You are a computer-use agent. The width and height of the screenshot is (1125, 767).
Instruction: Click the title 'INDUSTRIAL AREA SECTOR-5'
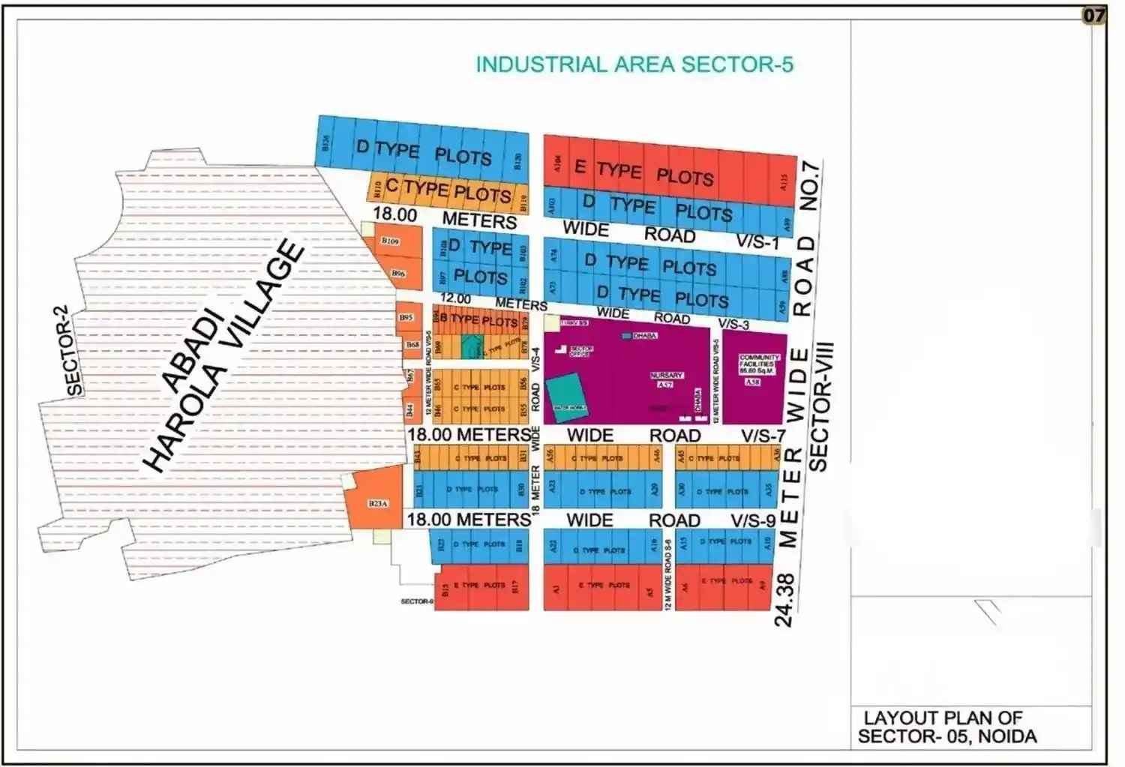[634, 64]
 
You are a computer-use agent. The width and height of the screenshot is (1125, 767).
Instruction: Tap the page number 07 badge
[1093, 15]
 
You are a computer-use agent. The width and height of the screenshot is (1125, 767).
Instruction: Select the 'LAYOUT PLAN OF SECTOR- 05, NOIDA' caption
[946, 727]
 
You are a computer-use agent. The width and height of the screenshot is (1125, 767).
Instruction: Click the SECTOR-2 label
[74, 350]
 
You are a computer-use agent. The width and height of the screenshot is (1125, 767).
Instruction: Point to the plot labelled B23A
[378, 503]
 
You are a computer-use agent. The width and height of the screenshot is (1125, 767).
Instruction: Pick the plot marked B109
[390, 241]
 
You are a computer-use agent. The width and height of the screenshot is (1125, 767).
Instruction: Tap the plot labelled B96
[398, 274]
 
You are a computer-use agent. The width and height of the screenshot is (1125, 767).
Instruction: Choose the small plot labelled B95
[406, 318]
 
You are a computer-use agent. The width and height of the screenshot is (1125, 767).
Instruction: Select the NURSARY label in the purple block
[666, 375]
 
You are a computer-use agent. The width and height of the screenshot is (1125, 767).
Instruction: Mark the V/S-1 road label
[757, 241]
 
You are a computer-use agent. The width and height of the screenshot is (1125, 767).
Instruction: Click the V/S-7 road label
[763, 436]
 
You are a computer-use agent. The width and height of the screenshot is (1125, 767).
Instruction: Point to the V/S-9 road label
[753, 520]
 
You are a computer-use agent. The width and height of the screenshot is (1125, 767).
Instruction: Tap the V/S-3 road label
[733, 324]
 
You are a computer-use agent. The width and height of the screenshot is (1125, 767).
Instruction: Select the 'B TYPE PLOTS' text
[478, 320]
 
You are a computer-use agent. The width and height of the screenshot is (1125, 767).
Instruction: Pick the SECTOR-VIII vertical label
[819, 406]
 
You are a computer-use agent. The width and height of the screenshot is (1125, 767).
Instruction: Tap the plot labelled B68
[412, 344]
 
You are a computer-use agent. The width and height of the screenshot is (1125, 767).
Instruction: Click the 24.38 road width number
[784, 600]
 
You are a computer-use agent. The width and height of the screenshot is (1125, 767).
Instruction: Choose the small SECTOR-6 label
[417, 601]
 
